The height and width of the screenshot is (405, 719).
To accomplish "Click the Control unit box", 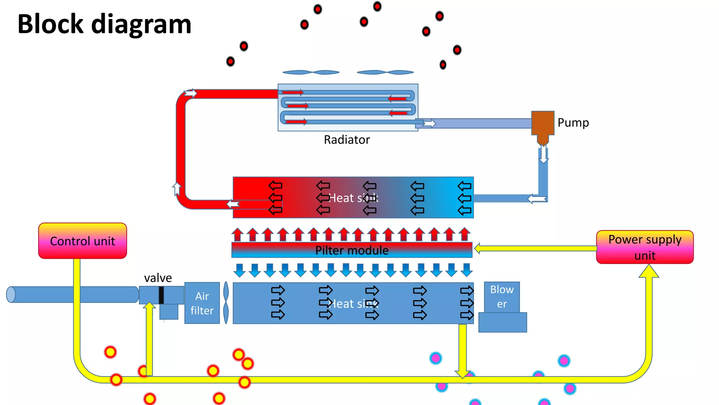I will [83, 241].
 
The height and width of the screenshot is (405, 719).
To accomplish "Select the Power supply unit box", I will [645, 247].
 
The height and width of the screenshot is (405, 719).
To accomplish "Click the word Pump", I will [573, 123].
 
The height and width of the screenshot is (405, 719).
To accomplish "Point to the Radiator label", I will [347, 140].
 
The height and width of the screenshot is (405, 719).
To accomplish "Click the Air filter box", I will [202, 303].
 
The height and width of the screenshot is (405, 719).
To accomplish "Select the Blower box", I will [502, 297].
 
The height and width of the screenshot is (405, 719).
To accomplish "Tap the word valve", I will [158, 278].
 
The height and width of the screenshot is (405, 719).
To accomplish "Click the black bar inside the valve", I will [161, 295].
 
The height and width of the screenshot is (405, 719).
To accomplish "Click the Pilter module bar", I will [352, 250].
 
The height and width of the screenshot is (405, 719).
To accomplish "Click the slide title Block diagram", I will [104, 24].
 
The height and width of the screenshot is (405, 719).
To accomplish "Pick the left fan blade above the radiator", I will [311, 72].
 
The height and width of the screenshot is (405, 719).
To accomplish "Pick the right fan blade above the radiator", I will [385, 72].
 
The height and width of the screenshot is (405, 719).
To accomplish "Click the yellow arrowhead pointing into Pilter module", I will [477, 249].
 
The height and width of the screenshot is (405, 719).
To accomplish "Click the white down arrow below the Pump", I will [543, 155].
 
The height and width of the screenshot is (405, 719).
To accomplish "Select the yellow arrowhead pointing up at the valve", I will [149, 306].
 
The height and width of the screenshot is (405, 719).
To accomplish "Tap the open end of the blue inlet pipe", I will [11, 295].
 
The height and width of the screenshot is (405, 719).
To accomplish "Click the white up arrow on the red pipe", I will [177, 189].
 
